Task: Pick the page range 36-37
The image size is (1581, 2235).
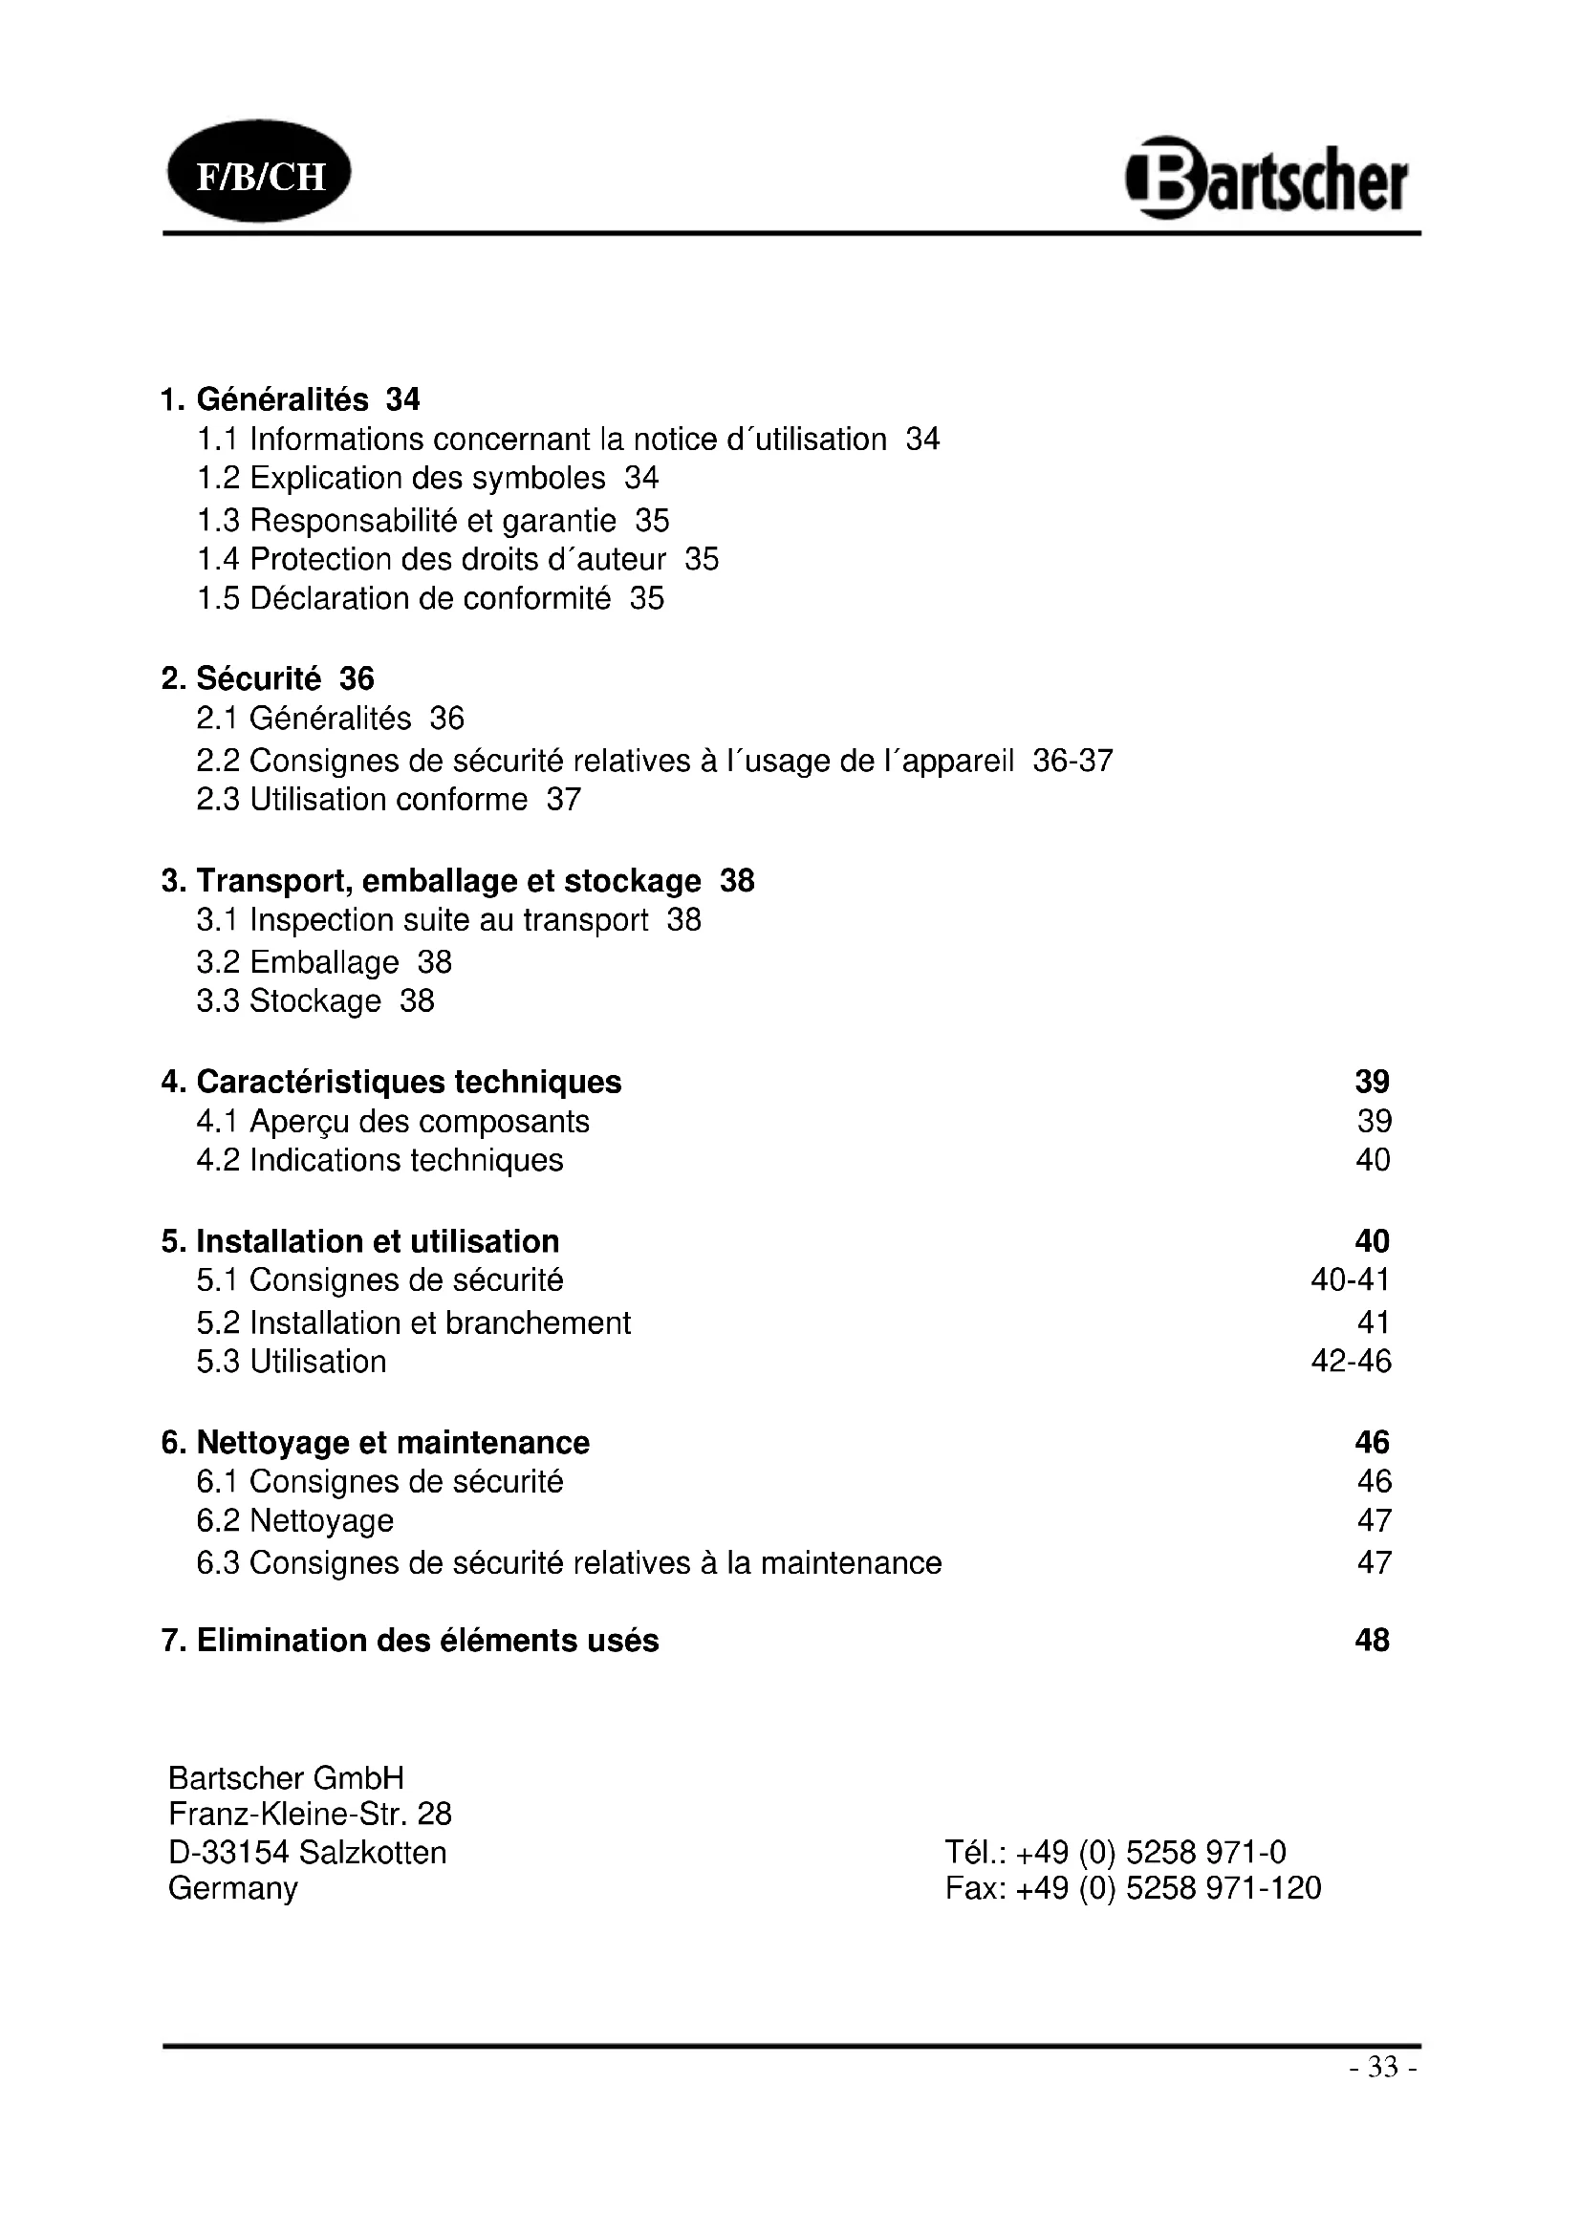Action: click(x=1072, y=761)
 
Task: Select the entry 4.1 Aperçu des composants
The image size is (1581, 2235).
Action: click(x=393, y=1122)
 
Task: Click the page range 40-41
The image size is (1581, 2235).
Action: click(x=1351, y=1280)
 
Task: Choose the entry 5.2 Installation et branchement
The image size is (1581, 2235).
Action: click(x=414, y=1322)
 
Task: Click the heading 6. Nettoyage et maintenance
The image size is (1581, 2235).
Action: click(x=376, y=1442)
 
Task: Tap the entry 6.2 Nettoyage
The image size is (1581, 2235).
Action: click(x=295, y=1520)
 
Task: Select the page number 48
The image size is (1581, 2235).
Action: click(x=1372, y=1641)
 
